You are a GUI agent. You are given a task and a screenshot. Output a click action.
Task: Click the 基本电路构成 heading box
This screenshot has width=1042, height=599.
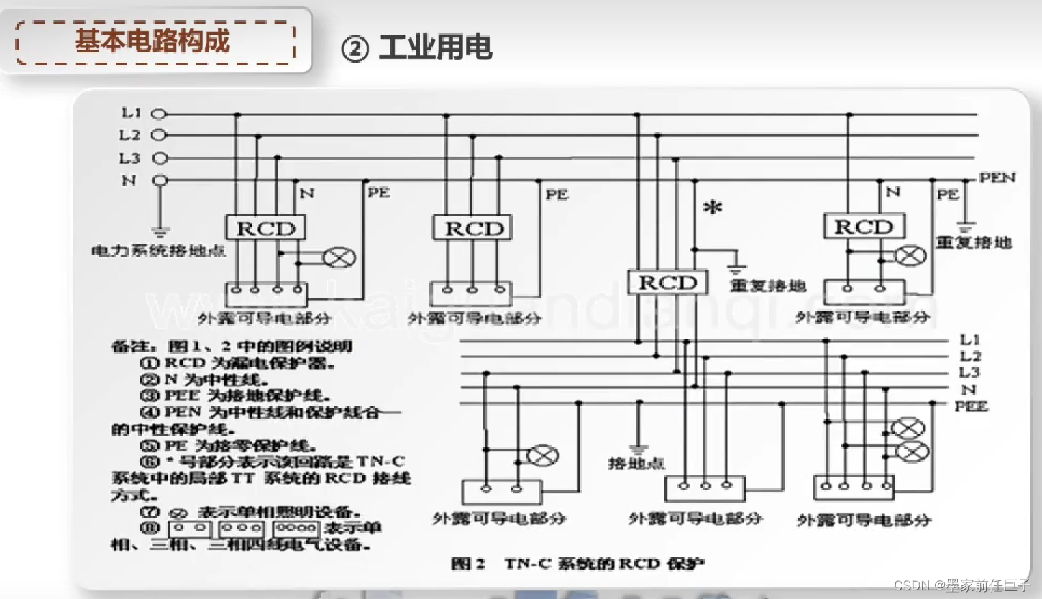[155, 42]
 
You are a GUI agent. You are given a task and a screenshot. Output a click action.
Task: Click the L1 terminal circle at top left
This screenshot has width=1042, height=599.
[160, 114]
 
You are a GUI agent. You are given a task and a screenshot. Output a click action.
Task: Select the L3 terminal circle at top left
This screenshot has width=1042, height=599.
[160, 158]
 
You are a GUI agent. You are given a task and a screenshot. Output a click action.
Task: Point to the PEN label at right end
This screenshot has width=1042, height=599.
[997, 177]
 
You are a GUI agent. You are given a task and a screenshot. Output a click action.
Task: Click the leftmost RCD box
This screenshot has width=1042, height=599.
[266, 229]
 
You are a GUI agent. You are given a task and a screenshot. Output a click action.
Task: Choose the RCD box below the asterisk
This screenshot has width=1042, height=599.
[668, 283]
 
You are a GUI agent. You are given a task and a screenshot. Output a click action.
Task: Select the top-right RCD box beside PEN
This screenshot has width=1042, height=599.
[864, 227]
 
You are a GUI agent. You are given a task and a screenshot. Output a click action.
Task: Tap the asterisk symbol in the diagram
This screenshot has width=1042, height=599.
[713, 209]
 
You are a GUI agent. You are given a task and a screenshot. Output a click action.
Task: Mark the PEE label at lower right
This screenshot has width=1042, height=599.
[972, 406]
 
